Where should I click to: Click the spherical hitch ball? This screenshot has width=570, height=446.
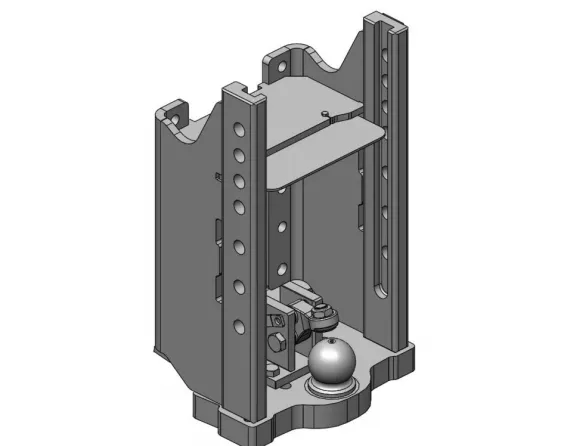pyautogui.click(x=331, y=361)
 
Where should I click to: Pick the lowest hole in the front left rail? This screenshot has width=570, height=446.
pyautogui.click(x=238, y=323)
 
